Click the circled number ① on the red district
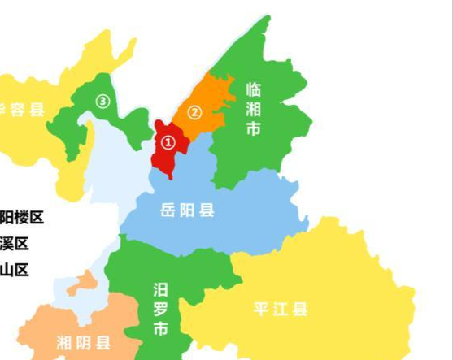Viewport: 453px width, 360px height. click(x=168, y=142)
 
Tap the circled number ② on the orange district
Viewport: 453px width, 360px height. click(x=194, y=112)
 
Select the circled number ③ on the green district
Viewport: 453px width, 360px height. click(x=102, y=101)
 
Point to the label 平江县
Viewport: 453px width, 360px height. click(x=280, y=309)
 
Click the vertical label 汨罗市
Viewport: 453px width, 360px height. click(x=161, y=309)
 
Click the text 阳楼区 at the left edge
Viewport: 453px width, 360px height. click(x=21, y=217)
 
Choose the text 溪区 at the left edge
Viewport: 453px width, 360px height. click(x=14, y=244)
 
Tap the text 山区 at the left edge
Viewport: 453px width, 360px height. click(x=14, y=270)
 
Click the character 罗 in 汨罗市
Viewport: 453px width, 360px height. click(x=161, y=309)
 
